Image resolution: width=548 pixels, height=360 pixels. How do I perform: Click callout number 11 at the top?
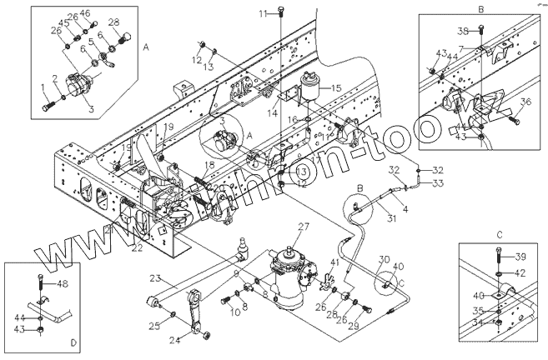(x=263, y=14)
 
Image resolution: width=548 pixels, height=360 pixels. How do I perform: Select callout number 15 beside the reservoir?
(x=335, y=87)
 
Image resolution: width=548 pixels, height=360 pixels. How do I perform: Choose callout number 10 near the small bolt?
(x=212, y=311)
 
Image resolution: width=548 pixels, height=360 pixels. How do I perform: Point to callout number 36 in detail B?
(x=525, y=102)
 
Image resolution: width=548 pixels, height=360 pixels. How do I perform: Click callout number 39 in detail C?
(x=519, y=256)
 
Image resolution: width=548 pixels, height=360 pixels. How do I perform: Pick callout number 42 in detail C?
(x=519, y=272)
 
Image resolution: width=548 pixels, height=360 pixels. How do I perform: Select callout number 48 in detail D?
(x=62, y=284)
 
